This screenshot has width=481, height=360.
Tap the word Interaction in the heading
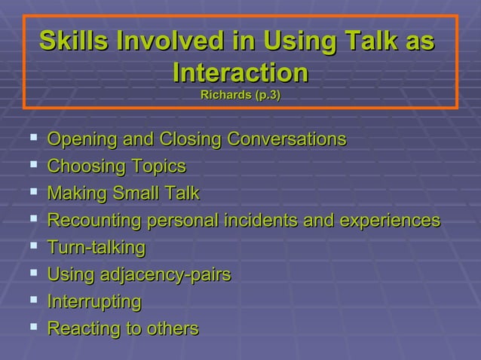pyautogui.click(x=240, y=73)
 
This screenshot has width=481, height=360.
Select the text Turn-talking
pyautogui.click(x=96, y=248)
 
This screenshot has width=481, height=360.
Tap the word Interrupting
pyautogui.click(x=93, y=302)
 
